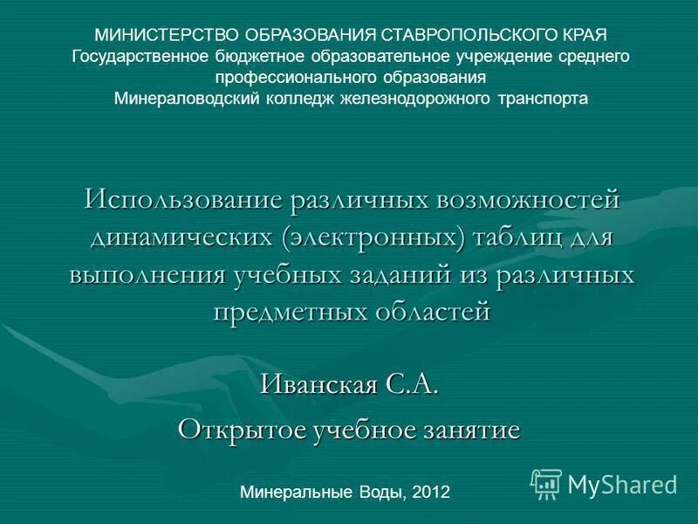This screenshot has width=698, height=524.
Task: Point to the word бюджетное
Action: [x=256, y=56]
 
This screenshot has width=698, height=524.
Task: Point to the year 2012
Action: [x=430, y=492]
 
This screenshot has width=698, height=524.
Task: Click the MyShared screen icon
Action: [x=546, y=483]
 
